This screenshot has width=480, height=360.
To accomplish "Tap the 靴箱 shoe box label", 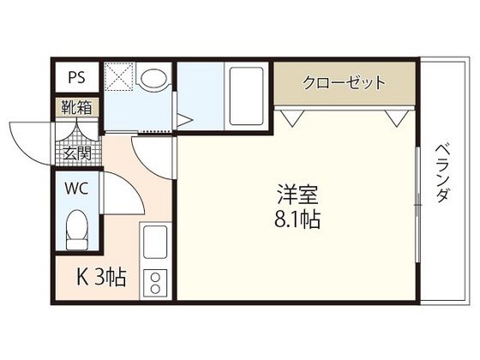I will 76,108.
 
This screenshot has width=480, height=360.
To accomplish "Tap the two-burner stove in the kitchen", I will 155,282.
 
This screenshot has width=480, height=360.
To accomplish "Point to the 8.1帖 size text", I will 297,219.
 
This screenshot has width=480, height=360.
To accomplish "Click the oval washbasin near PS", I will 154,80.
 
